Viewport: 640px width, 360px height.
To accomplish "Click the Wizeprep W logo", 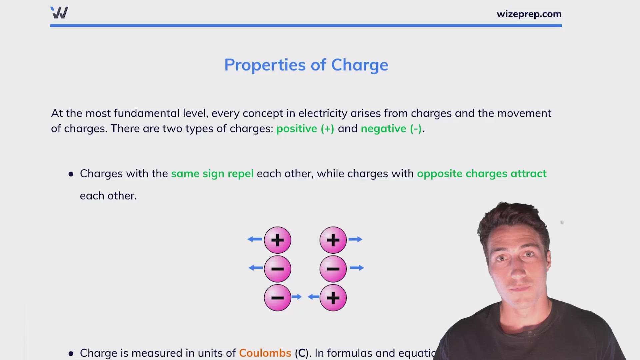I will click(x=59, y=13).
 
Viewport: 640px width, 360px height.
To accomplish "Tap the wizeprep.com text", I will click(x=529, y=14).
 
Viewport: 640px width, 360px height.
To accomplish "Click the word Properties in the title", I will click(x=265, y=65).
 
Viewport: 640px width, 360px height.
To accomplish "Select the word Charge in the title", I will click(x=359, y=65).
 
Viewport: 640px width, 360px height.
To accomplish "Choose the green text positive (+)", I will click(x=305, y=129).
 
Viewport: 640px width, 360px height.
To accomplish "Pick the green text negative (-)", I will click(x=391, y=129).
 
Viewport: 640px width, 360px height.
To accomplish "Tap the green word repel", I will click(x=240, y=174).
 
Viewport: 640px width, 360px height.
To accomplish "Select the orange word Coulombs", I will click(x=265, y=353).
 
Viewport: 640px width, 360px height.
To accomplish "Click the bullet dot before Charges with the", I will click(x=71, y=174).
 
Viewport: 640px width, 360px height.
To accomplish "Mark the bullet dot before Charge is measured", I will click(x=71, y=353).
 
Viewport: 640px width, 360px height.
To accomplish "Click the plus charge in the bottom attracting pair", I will click(x=333, y=298).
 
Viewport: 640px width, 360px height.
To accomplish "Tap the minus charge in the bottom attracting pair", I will click(x=277, y=298).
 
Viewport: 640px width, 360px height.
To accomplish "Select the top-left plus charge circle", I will click(x=277, y=240).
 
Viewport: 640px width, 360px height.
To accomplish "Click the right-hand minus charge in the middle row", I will click(x=333, y=269).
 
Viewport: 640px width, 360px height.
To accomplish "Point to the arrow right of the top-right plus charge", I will click(x=355, y=239).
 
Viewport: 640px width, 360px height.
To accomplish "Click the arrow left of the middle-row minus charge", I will click(x=256, y=268).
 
